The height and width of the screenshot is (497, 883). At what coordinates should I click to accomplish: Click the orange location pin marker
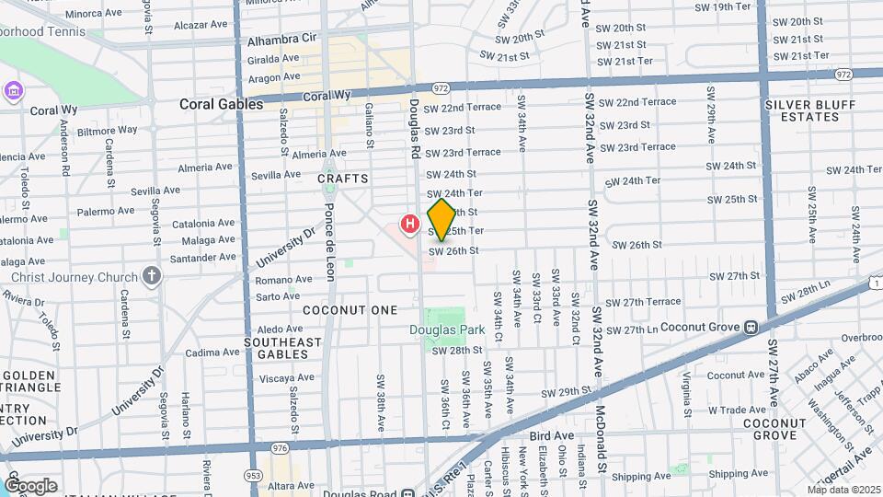tap(441, 219)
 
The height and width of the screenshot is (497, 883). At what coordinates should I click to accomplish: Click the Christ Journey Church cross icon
tap(152, 276)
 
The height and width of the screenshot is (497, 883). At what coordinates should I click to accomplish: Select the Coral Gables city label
tap(221, 104)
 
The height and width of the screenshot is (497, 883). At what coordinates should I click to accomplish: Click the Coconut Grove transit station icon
tap(751, 327)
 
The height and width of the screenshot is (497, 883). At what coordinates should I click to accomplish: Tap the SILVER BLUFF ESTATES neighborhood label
tap(801, 110)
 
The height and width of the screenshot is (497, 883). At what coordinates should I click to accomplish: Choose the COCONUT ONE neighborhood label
tap(350, 310)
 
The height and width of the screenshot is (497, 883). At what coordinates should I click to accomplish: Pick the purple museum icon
tap(14, 91)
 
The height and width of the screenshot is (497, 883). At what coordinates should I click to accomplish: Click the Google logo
tap(29, 485)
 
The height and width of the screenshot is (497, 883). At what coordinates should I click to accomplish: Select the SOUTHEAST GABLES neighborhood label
tap(282, 348)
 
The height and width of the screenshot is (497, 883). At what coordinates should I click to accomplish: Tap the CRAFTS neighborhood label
tap(343, 179)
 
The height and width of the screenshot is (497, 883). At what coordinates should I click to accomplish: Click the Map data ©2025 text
tap(843, 490)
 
